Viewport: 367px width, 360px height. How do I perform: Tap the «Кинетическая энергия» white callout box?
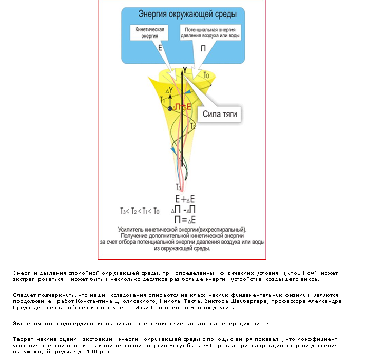(149, 33)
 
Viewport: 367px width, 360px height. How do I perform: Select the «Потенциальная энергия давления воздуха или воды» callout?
(211, 33)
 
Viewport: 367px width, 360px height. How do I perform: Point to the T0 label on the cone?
(206, 75)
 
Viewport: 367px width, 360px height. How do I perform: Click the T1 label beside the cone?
(162, 99)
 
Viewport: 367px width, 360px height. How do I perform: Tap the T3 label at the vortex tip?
(178, 187)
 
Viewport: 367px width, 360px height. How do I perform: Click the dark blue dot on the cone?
(170, 108)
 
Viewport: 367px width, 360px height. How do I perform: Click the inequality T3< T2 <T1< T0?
(140, 211)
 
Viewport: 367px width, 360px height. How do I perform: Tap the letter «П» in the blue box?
(204, 48)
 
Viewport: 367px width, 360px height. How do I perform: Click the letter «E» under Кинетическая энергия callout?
(161, 47)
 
